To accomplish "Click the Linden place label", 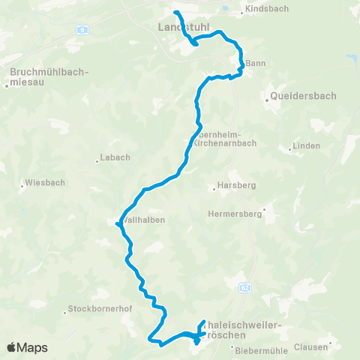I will point(306,145).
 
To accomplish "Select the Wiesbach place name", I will point(44,182).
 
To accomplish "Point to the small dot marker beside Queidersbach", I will point(268,97).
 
